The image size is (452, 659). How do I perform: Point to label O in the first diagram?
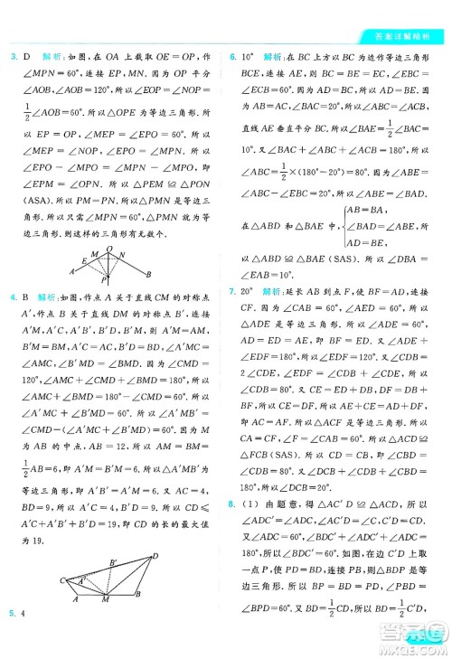[x=109, y=248]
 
